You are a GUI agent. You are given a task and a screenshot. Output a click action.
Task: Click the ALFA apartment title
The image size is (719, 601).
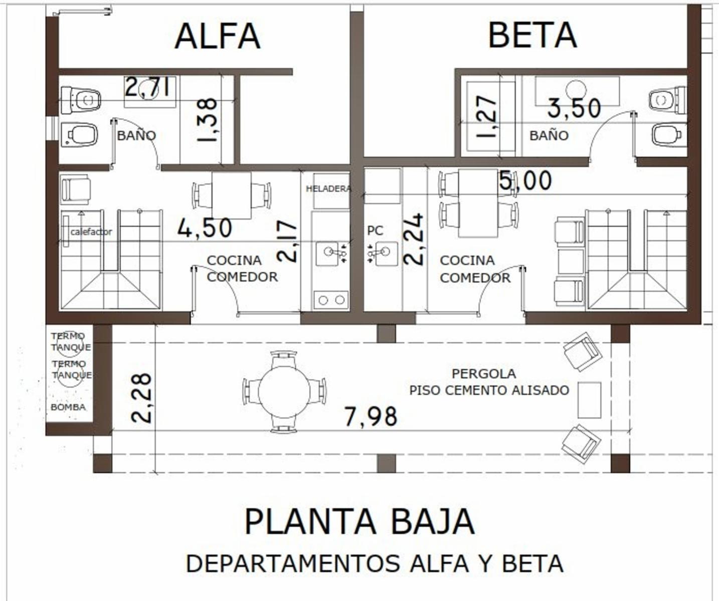point(218,36)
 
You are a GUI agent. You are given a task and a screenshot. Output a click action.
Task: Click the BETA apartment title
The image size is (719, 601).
point(532,36)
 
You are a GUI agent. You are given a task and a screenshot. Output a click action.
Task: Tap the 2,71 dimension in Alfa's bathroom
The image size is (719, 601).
point(147,87)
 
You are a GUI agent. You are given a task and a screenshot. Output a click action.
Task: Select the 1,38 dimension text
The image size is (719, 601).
point(208,120)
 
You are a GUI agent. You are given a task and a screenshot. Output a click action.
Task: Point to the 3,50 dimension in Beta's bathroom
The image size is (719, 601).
point(574,108)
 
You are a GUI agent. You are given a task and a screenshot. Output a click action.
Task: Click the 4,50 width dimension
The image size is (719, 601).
point(205,228)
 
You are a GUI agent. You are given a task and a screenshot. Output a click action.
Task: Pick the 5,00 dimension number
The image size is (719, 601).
point(525,181)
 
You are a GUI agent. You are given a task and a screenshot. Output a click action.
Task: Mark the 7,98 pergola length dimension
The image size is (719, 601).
point(371,417)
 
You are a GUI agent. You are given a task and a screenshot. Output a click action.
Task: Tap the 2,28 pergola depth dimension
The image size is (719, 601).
point(141,398)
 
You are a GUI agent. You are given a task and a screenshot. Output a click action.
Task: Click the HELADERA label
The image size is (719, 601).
point(328,188)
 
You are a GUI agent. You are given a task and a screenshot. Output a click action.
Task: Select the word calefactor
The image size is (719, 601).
point(91,232)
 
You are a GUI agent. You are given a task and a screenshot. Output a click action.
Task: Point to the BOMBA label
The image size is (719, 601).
point(68,407)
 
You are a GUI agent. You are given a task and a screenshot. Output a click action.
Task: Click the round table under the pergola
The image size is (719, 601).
point(284,391)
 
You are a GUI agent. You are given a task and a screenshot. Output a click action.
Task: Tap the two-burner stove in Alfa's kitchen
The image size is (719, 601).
point(331,300)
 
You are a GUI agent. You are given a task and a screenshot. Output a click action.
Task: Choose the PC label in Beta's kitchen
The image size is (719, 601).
point(375,231)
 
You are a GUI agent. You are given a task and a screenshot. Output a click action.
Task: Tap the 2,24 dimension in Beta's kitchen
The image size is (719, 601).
point(413,239)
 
